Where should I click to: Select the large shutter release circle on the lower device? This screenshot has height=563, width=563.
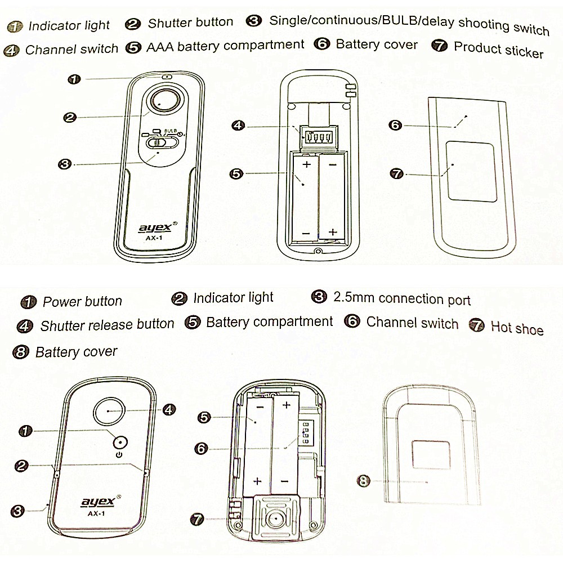pyautogui.click(x=109, y=412)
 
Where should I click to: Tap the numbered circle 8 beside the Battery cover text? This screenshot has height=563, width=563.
pyautogui.click(x=20, y=352)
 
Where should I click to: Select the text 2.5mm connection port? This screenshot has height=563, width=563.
pyautogui.click(x=401, y=298)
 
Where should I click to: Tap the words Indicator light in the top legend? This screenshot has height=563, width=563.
pyautogui.click(x=69, y=25)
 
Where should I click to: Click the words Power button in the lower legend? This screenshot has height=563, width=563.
pyautogui.click(x=82, y=301)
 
